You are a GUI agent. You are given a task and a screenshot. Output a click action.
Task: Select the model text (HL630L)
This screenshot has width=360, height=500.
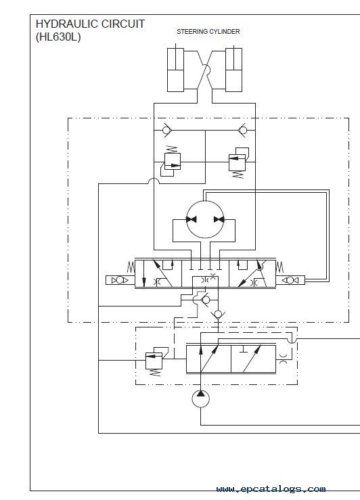click(58, 37)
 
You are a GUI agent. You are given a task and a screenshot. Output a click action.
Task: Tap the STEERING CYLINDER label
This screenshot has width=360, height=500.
click(208, 32)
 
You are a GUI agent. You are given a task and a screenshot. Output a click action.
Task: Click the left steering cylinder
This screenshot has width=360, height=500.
click(176, 70)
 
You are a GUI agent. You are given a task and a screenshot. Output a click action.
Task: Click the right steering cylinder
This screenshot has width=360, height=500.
click(233, 70)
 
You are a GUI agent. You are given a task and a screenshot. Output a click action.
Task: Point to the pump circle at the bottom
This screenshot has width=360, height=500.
click(200, 399)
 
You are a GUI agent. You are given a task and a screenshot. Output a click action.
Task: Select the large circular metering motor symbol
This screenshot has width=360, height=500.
click(205, 219)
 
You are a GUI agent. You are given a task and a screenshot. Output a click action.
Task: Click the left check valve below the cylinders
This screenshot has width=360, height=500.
click(166, 130)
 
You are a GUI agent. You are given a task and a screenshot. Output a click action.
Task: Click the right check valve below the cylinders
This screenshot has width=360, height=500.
click(242, 130)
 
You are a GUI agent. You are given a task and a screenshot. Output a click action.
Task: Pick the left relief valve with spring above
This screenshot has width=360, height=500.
click(172, 161)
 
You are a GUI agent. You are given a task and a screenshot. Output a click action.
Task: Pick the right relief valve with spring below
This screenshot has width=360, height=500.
click(238, 162)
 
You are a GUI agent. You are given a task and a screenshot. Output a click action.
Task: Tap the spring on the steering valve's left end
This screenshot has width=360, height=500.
click(131, 267)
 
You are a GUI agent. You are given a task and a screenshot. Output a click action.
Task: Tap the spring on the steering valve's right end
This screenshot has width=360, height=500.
click(279, 267)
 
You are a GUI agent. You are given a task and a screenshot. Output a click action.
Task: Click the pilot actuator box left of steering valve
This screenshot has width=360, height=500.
click(120, 280)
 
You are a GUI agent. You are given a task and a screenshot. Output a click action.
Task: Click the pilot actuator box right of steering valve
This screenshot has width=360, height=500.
click(290, 280)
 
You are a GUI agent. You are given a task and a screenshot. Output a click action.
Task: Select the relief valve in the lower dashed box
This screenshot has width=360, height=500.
click(154, 361)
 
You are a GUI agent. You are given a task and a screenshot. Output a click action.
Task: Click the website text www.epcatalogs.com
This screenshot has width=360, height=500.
click(271, 488)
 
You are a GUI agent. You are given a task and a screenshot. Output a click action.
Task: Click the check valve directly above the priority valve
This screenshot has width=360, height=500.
click(218, 315)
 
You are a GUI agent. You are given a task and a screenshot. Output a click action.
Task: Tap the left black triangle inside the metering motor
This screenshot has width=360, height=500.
click(192, 219)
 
